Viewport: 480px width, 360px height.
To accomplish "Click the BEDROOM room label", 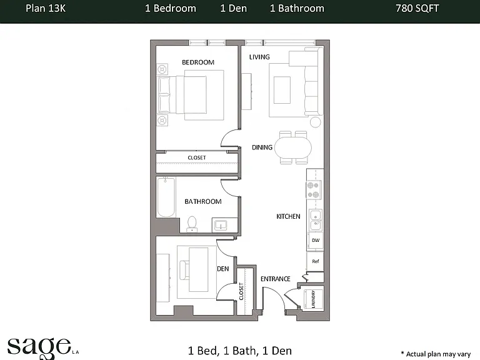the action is [x=198, y=62].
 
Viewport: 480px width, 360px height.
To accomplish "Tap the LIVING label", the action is [x=259, y=57].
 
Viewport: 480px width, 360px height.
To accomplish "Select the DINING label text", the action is [x=262, y=147].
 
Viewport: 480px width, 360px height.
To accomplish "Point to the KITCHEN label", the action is [x=288, y=216].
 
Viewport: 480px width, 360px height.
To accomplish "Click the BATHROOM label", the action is [x=203, y=201].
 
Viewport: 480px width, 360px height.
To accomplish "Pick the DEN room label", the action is [x=223, y=269].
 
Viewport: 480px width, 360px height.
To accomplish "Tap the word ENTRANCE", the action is [x=276, y=279].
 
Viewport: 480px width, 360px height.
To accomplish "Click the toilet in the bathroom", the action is [x=192, y=224].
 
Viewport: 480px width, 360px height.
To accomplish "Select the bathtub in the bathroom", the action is [x=166, y=197].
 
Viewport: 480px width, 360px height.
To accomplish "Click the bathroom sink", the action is [x=221, y=225].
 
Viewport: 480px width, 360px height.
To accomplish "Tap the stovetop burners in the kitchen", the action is [x=314, y=190].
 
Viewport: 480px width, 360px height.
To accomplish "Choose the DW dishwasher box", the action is [x=315, y=241].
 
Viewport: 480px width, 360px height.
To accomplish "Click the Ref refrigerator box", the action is [x=315, y=261].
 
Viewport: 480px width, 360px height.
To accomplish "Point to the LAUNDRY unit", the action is [x=314, y=299].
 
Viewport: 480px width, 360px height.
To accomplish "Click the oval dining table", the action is [x=293, y=147].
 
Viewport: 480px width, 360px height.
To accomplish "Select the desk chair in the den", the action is [x=184, y=270].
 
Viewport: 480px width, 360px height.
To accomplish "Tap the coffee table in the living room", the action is [x=282, y=90].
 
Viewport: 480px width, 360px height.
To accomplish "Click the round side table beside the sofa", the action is [x=315, y=122].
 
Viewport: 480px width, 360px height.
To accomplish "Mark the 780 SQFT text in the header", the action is [x=417, y=8].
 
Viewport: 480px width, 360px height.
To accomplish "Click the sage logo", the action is [x=39, y=347].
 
